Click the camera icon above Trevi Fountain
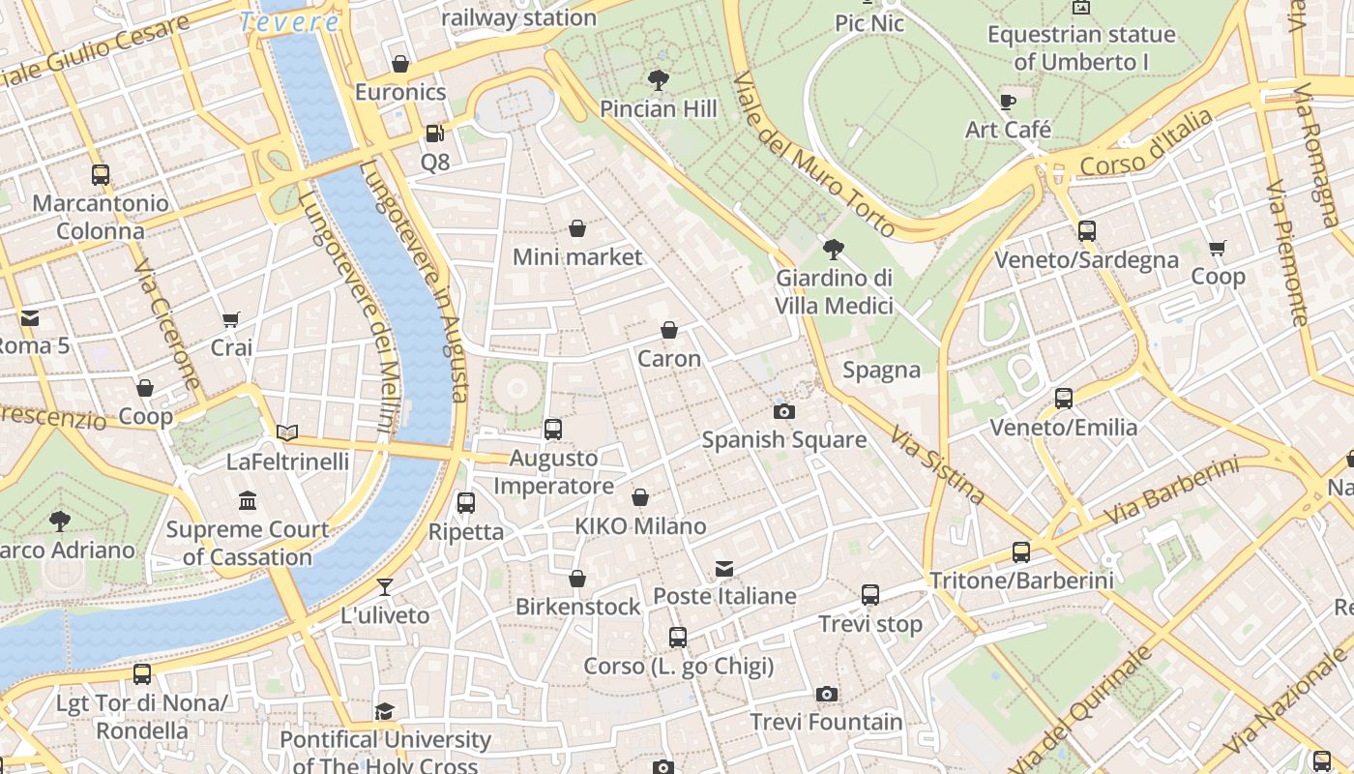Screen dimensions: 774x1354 826,694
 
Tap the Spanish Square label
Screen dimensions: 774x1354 783,440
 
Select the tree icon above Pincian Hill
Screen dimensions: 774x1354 659,79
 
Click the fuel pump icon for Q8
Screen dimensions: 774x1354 435,133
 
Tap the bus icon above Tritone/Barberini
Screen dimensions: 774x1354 1021,552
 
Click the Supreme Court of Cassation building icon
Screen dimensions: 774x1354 248,501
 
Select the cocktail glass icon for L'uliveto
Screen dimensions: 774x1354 385,586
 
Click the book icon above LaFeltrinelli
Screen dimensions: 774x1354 287,432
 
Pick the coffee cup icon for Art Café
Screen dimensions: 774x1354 1008,101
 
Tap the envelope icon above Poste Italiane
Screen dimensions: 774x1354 724,568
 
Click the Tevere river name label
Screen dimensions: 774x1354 289,22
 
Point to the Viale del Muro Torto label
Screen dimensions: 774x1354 813,155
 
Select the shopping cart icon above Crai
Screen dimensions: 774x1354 231,319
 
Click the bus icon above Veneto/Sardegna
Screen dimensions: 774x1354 1087,230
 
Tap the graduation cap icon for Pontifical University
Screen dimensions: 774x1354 385,711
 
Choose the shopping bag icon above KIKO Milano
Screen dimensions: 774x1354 640,497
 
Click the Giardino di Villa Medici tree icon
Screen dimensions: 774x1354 833,250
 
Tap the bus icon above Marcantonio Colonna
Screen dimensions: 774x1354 101,175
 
